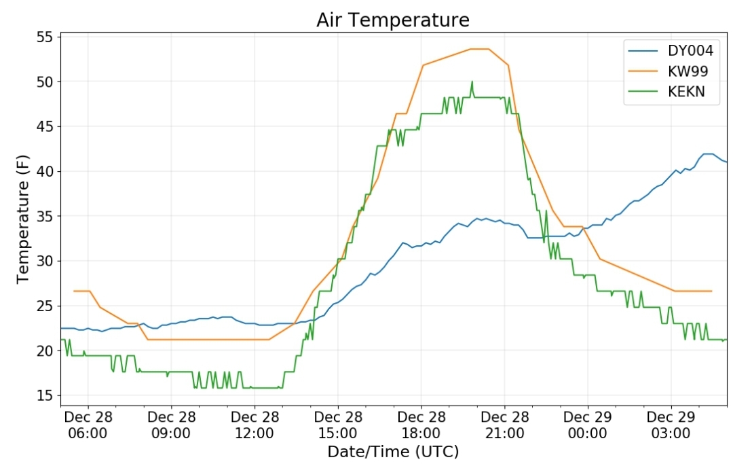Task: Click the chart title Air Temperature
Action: tap(393, 20)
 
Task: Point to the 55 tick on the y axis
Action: tap(45, 37)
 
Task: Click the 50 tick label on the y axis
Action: tap(45, 82)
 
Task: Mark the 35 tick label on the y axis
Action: tap(45, 216)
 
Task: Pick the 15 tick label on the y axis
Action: tap(45, 395)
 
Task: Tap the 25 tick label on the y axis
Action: tap(45, 306)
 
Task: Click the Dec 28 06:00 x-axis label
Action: tap(88, 425)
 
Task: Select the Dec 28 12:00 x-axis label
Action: tap(255, 425)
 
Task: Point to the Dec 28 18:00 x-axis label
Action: tap(421, 425)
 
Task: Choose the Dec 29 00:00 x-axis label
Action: tap(588, 425)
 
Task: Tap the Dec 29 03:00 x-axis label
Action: tap(671, 425)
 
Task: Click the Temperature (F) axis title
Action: tap(22, 219)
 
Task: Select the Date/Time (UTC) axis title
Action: tap(393, 452)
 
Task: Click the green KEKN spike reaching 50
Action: tap(472, 84)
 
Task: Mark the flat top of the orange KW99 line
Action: tap(480, 49)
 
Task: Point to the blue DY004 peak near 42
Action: tap(708, 154)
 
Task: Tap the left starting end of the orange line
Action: tap(74, 291)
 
